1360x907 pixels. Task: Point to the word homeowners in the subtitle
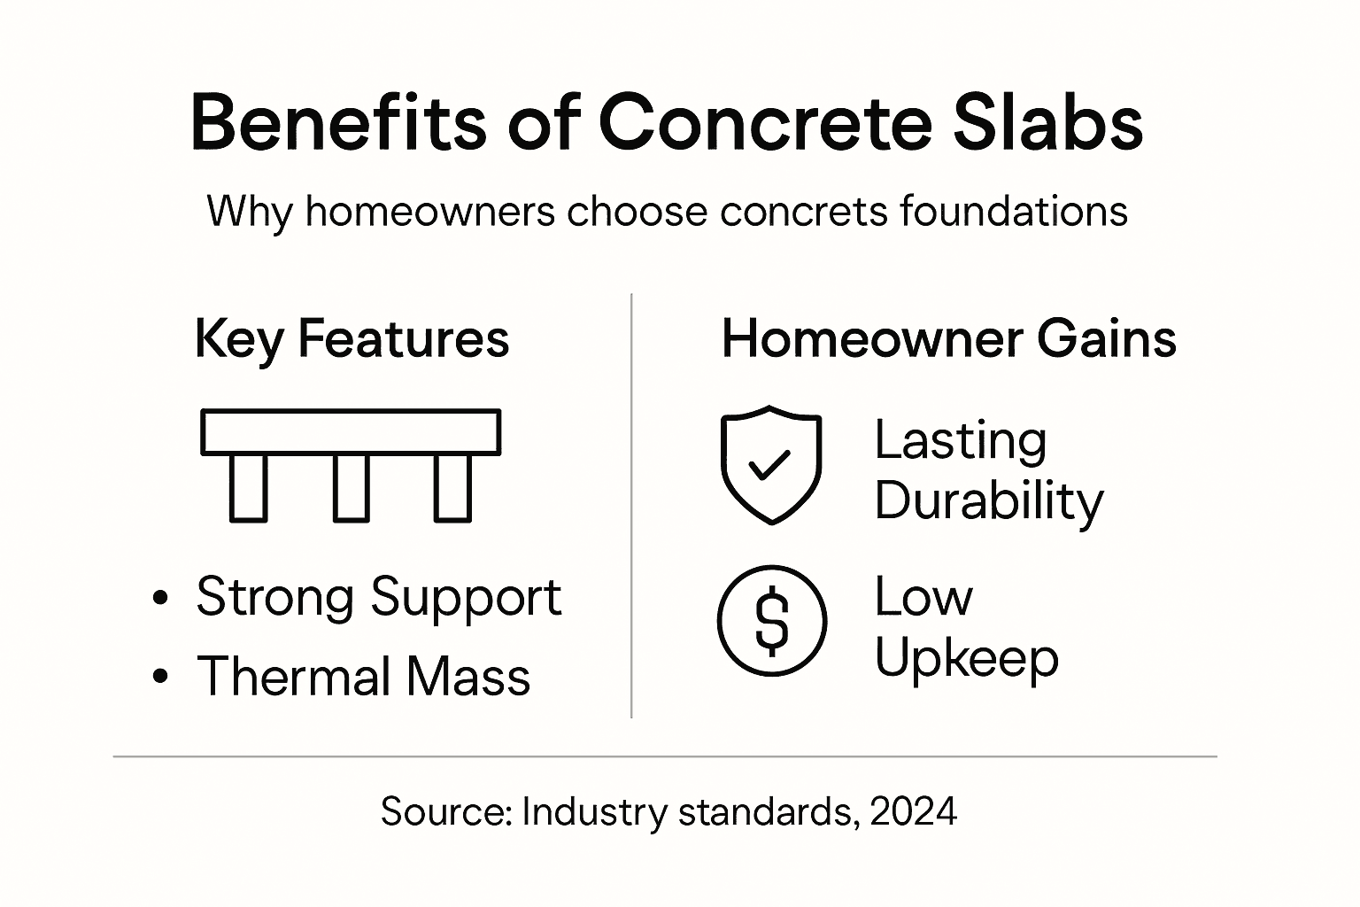click(430, 212)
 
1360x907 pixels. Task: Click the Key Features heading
click(352, 338)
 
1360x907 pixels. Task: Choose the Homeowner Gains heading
click(948, 338)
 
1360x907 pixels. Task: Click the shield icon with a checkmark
click(771, 464)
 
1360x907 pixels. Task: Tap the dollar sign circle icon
click(771, 621)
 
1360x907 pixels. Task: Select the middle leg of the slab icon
click(352, 488)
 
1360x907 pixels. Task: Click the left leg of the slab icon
click(248, 488)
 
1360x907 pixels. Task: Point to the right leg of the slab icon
click(452, 488)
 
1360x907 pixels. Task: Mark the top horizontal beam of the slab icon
click(351, 432)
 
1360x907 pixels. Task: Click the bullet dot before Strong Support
click(160, 598)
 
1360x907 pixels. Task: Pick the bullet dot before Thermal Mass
click(160, 678)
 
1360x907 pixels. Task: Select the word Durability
click(989, 501)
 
